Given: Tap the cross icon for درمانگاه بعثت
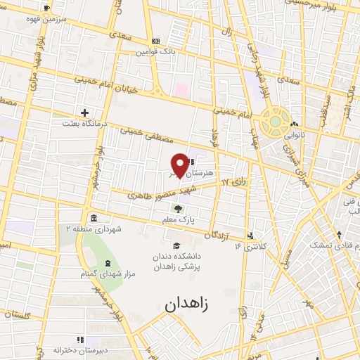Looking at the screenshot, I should pyautogui.click(x=84, y=112).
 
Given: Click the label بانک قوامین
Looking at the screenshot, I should pyautogui.click(x=155, y=52).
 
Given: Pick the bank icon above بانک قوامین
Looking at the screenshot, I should pyautogui.click(x=155, y=41).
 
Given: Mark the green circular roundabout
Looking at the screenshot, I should pyautogui.click(x=272, y=122).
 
